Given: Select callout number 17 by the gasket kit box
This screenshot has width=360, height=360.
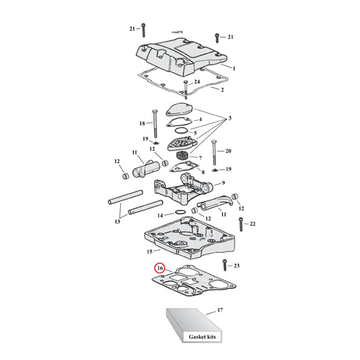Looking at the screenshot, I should (x=220, y=310).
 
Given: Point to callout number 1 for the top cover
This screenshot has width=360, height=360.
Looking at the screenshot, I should (x=234, y=68).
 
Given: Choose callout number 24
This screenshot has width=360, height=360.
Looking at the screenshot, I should (x=197, y=82).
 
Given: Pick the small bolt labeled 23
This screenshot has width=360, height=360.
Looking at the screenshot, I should (x=224, y=266).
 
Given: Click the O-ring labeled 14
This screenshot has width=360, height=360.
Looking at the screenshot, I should (x=181, y=212).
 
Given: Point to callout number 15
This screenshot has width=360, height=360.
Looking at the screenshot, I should (x=150, y=251).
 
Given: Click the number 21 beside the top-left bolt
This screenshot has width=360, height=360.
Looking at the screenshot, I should (x=132, y=28).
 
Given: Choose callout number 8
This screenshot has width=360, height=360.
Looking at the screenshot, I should (x=203, y=172).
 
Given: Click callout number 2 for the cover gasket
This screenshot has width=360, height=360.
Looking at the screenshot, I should (x=223, y=89).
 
